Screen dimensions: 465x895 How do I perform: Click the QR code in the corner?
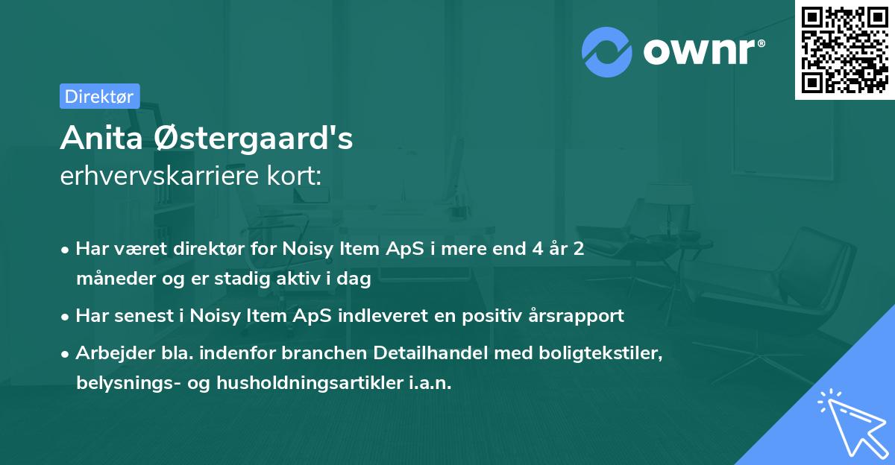coord(844,50)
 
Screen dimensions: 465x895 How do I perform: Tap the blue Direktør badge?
coord(99,96)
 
